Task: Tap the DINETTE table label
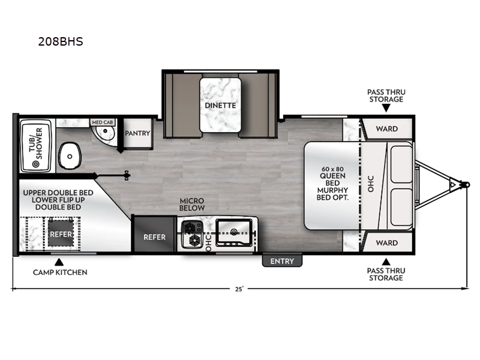click(220, 105)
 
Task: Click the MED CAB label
click(101, 122)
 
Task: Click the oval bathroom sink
click(70, 158)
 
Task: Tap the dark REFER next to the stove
click(154, 236)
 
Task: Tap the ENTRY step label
click(282, 261)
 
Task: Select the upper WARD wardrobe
click(386, 128)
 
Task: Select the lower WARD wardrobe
click(386, 243)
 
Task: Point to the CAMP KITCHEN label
click(60, 272)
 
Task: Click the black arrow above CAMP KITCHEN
click(59, 262)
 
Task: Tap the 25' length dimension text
click(239, 289)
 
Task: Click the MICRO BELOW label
click(193, 204)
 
